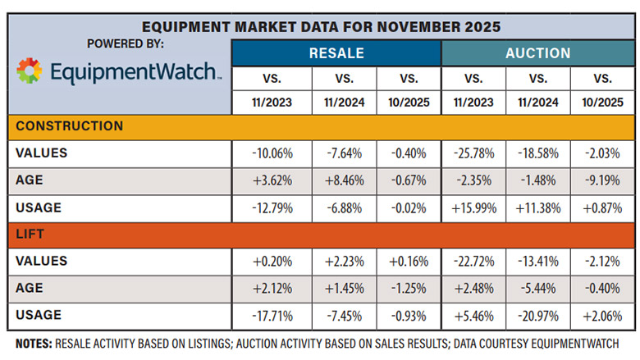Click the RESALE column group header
[336, 53]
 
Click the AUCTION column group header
[537, 53]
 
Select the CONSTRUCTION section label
[70, 126]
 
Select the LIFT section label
[31, 235]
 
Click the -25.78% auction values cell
[473, 153]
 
